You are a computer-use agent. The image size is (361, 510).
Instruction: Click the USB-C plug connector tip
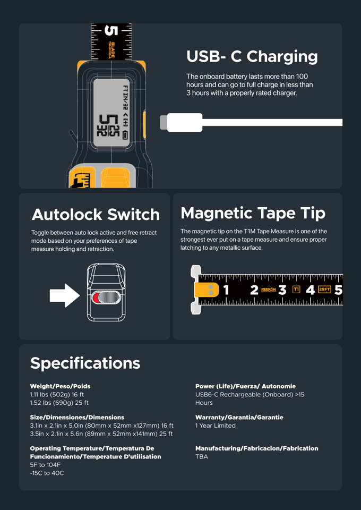pos(164,122)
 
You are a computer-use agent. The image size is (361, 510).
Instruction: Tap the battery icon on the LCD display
pos(125,135)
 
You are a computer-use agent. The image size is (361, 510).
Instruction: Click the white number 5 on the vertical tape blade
pos(110,31)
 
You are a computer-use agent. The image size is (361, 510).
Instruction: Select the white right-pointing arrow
pos(64,296)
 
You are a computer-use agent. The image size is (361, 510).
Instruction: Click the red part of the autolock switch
pos(96,297)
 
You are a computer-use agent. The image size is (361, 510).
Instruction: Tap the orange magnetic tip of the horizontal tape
pos(207,290)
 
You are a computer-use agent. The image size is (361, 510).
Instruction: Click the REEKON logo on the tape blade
pos(269,290)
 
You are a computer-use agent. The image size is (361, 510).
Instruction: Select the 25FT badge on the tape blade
pos(324,290)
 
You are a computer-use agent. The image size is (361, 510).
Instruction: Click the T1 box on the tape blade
pos(296,290)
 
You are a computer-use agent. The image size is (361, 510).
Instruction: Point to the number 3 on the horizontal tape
pos(282,290)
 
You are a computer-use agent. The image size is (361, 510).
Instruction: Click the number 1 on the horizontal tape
pos(226,290)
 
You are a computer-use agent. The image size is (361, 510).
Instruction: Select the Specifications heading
pos(85,363)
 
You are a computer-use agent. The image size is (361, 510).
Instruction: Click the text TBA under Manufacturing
pos(202,456)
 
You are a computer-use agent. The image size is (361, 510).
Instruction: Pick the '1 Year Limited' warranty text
pos(215,426)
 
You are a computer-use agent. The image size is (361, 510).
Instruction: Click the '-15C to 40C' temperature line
pos(47,473)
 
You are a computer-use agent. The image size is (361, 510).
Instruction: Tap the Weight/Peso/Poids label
pos(60,386)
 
